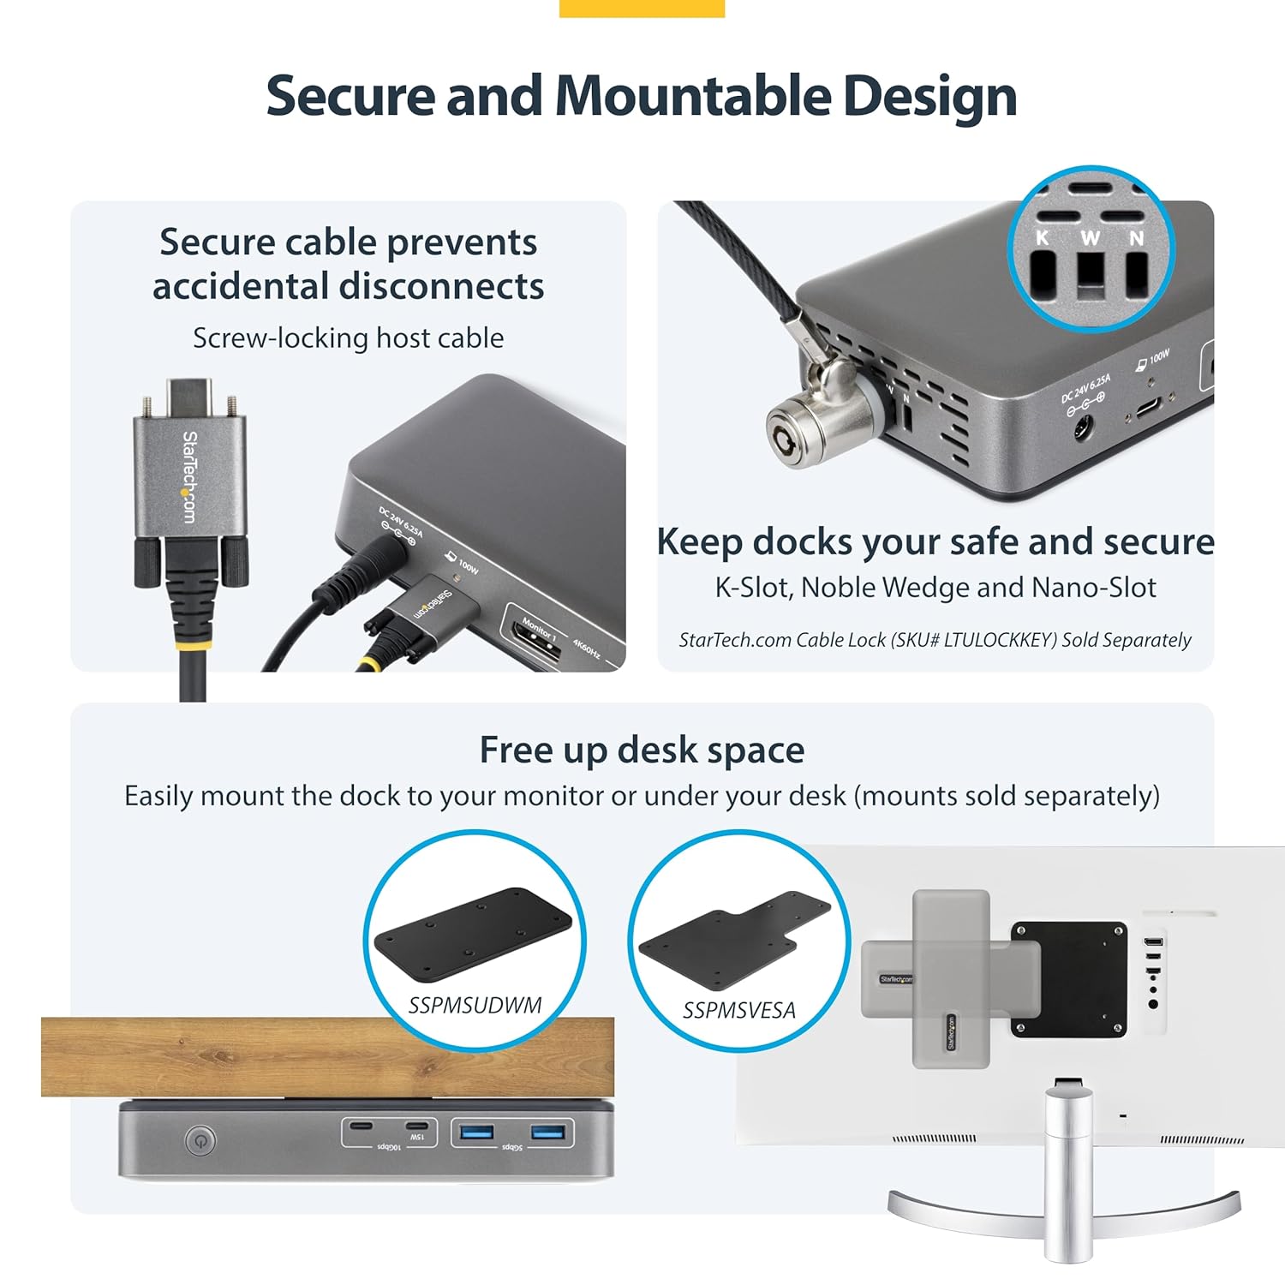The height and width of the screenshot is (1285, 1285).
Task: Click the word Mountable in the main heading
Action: coord(692,96)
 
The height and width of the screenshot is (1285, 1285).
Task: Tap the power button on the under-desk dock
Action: coord(200,1140)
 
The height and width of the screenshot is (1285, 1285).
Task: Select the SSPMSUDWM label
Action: coord(475,1005)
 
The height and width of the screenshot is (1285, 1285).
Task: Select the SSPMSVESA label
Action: coord(738,1011)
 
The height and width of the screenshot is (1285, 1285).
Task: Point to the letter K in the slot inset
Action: coord(1043,238)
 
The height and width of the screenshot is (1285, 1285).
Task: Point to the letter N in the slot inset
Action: coord(1136,238)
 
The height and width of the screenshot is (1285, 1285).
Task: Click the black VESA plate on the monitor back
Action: coord(1069,979)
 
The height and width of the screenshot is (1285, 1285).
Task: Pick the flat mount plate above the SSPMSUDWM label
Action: coord(472,933)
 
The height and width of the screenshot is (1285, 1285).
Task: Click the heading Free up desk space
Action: coord(642,750)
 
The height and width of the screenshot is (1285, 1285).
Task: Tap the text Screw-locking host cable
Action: coord(348,338)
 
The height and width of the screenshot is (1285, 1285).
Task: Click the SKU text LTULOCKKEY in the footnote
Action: coord(999,640)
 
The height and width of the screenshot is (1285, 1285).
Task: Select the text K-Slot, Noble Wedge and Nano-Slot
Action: coord(935,588)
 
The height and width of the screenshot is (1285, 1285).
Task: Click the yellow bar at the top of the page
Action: coord(642,8)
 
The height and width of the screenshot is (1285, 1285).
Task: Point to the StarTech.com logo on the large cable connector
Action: coord(189,476)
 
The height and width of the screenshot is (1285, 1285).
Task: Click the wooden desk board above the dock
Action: coord(327,1056)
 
